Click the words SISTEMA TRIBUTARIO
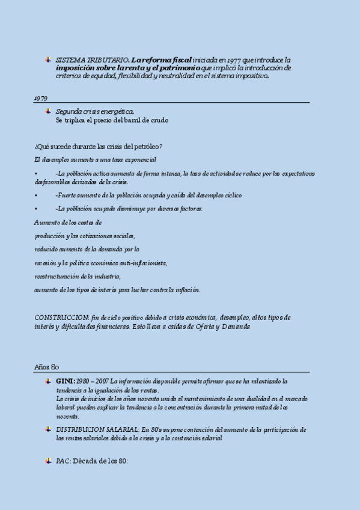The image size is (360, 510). pos(92,60)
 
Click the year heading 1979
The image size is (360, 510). pos(41,97)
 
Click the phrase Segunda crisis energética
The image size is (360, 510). pos(95,111)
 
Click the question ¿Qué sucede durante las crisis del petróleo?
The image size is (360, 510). pos(99,147)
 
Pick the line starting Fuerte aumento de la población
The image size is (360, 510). pos(148,195)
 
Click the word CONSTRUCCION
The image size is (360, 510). pos(61,317)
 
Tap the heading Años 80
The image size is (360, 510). pos(46,366)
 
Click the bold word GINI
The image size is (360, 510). pos(65,381)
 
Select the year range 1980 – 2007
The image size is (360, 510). pos(93,381)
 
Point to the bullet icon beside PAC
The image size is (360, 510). pos(47,461)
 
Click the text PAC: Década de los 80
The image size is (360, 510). pos(93,461)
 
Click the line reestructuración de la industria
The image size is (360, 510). pos(78,276)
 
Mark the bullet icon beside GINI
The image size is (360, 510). pos(47,381)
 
